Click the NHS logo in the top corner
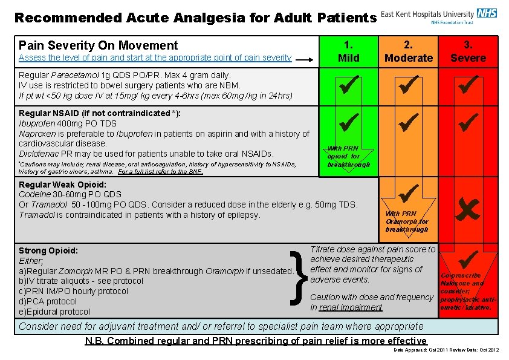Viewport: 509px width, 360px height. (x=487, y=13)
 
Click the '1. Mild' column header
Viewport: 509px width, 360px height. (x=348, y=51)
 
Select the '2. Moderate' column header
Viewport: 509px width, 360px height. (x=409, y=51)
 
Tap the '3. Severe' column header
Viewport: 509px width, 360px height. (x=468, y=51)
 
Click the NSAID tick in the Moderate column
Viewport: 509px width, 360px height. (x=409, y=123)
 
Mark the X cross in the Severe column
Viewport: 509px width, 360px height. (x=469, y=210)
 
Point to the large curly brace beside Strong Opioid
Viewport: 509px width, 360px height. (x=296, y=277)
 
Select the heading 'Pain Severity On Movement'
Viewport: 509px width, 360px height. (x=99, y=45)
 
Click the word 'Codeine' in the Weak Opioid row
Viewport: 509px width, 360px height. (x=34, y=195)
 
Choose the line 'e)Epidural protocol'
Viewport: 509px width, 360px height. (x=54, y=312)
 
